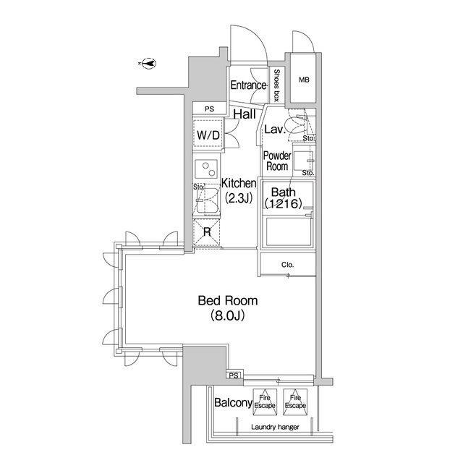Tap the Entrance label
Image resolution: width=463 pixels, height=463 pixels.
pyautogui.click(x=248, y=85)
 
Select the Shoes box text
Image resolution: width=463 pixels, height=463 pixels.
pyautogui.click(x=276, y=85)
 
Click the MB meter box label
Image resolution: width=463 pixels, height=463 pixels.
pyautogui.click(x=304, y=80)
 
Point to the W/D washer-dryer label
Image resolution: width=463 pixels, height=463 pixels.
pyautogui.click(x=208, y=135)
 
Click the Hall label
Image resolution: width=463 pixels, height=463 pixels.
pyautogui.click(x=245, y=114)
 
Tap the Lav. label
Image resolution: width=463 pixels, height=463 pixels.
pyautogui.click(x=274, y=129)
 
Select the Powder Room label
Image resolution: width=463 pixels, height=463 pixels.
pyautogui.click(x=277, y=161)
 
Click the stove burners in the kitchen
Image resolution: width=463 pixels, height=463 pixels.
pyautogui.click(x=207, y=169)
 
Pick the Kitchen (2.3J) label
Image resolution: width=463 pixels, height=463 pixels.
pyautogui.click(x=239, y=191)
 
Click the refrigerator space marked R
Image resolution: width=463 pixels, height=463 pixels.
pyautogui.click(x=207, y=232)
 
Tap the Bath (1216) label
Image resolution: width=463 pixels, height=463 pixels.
pyautogui.click(x=283, y=197)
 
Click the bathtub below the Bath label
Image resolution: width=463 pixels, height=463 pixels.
pyautogui.click(x=289, y=231)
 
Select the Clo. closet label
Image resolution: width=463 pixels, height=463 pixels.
pyautogui.click(x=288, y=265)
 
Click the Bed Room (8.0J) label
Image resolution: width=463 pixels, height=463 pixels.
pyautogui.click(x=228, y=308)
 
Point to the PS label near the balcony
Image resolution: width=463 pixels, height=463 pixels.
pyautogui.click(x=234, y=376)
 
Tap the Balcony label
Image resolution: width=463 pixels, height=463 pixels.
pyautogui.click(x=233, y=402)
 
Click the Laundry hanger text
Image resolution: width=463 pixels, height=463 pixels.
pyautogui.click(x=275, y=427)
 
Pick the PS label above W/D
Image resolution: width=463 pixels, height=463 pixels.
pyautogui.click(x=209, y=109)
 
